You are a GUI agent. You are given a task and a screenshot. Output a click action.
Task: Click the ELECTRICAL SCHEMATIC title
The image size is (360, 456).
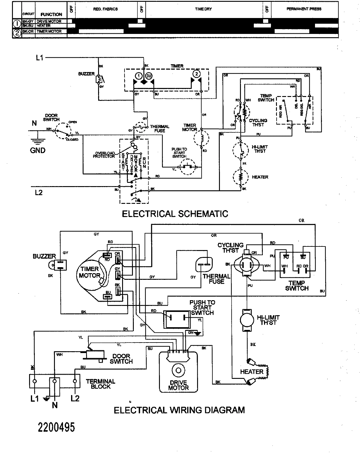tap(175, 214)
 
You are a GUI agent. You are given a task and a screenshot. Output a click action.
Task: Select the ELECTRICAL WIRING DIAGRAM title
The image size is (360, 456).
tap(179, 410)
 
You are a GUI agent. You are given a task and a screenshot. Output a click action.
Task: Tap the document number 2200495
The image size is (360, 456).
tap(56, 427)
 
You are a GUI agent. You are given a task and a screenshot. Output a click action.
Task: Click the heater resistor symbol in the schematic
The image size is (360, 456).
tap(240, 177)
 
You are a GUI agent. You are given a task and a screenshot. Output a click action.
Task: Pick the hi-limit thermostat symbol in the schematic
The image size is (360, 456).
tap(241, 149)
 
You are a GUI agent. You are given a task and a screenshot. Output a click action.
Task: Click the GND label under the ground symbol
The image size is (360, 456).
tap(38, 150)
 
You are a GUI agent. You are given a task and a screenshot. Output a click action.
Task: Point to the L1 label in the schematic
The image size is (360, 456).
tap(40, 58)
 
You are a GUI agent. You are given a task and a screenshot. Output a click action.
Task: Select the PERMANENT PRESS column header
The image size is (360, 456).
tap(304, 9)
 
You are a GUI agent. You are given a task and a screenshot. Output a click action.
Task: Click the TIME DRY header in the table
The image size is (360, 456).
tap(203, 9)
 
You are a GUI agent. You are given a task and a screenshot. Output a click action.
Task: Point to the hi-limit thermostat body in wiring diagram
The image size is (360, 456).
tap(247, 320)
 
